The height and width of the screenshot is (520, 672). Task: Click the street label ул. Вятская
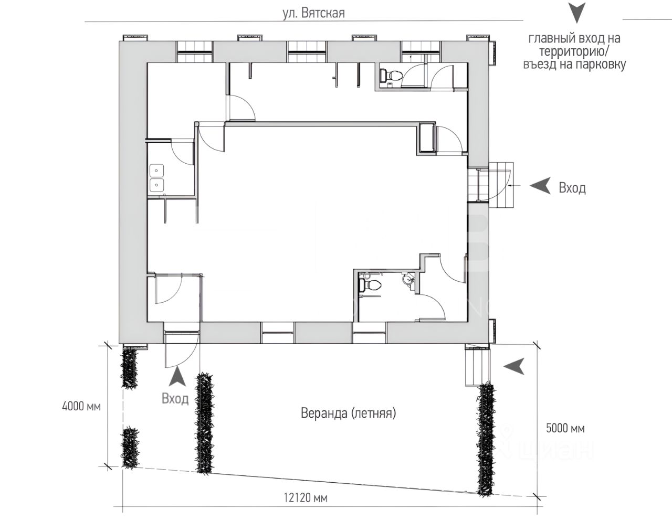click(x=313, y=13)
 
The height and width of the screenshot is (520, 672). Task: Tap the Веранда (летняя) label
click(x=348, y=413)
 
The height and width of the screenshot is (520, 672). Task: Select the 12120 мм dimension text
click(x=306, y=498)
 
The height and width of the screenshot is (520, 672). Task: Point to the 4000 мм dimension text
click(x=81, y=406)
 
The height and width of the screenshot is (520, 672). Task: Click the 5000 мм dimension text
click(x=565, y=428)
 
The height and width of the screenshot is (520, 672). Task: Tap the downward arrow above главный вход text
click(x=576, y=13)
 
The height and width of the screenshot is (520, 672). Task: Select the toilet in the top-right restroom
click(x=391, y=75)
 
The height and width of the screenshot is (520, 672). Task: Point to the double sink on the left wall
click(x=156, y=178)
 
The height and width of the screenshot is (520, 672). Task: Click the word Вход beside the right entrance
click(x=572, y=187)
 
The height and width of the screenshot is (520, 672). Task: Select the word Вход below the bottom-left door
click(x=175, y=399)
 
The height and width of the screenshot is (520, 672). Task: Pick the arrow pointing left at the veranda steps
click(x=514, y=366)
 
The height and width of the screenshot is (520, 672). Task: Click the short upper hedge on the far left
click(x=130, y=368)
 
